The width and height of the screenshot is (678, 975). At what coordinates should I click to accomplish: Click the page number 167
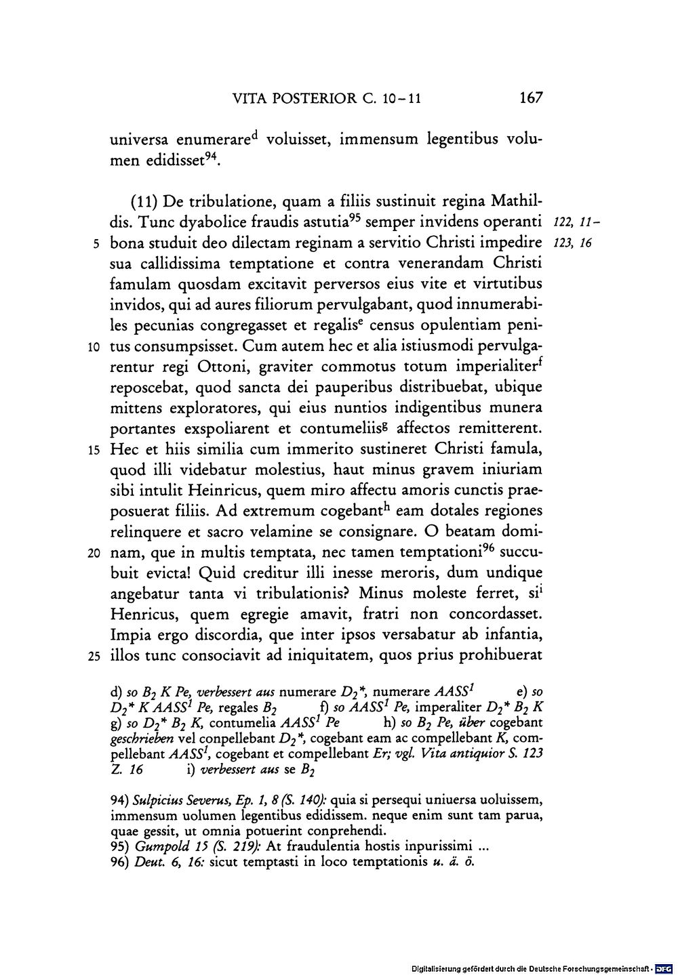[530, 98]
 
